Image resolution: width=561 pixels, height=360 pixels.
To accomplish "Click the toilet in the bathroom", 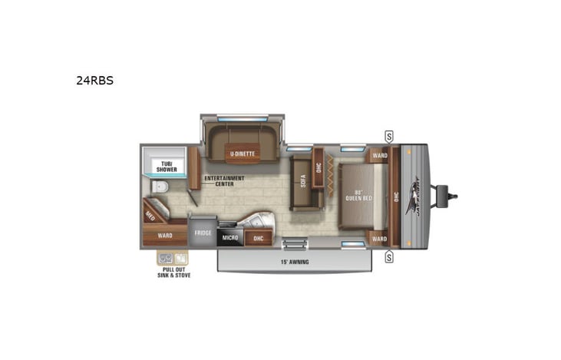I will click(x=159, y=189).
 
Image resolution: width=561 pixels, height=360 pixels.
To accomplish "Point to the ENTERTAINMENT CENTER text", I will click(x=223, y=181).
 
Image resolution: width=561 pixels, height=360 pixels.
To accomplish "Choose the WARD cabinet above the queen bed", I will click(x=379, y=156).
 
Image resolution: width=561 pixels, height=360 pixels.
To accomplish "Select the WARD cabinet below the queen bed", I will click(x=379, y=238).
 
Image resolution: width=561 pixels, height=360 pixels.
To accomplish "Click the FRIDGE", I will click(x=203, y=233).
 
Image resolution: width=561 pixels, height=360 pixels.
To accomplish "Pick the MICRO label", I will click(x=230, y=238).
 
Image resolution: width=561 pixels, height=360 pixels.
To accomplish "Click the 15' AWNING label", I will click(x=295, y=262).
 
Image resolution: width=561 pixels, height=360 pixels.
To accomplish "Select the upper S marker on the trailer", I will click(x=389, y=137).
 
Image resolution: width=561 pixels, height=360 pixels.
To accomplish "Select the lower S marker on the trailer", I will click(x=389, y=256).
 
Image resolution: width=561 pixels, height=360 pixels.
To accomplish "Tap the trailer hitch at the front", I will click(x=450, y=196).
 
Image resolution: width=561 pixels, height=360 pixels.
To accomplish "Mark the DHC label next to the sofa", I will click(x=318, y=168).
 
